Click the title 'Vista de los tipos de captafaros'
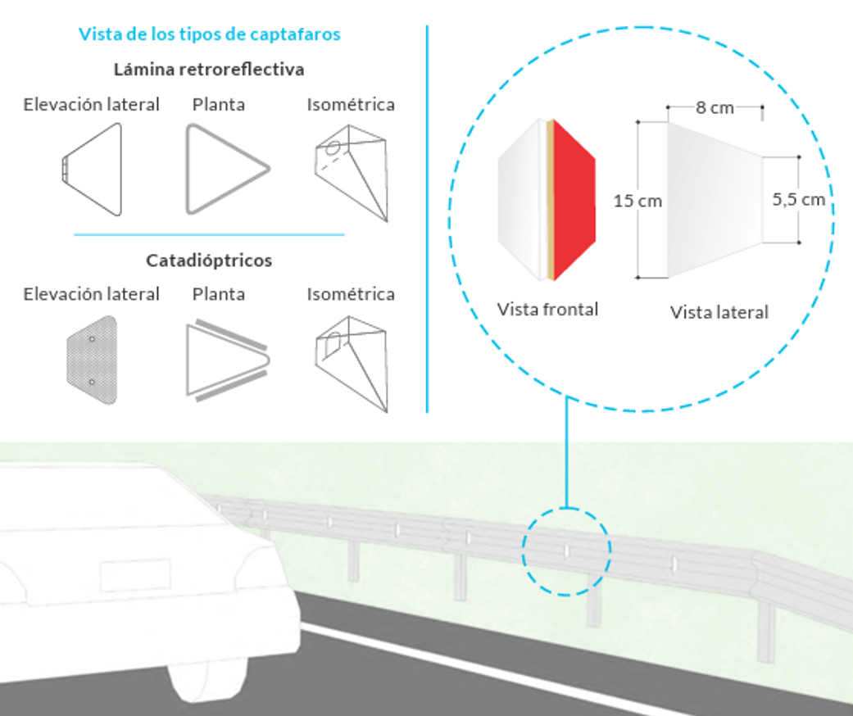210,34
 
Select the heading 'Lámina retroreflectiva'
209,70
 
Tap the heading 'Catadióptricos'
209,261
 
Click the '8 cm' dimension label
715,107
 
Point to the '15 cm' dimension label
638,201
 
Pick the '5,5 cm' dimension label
799,199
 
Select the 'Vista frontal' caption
547,309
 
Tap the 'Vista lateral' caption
719,312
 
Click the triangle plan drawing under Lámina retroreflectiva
225,170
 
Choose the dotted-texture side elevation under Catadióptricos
93,361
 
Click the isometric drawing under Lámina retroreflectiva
352,170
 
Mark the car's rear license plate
135,575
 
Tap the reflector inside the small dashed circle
566,550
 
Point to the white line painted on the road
492,664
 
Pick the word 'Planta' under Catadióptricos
218,294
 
